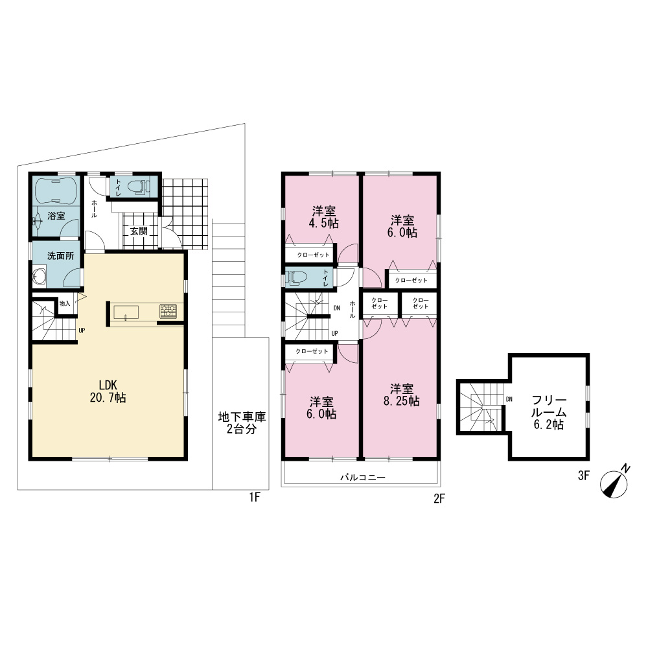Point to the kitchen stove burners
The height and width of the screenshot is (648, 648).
(168, 311)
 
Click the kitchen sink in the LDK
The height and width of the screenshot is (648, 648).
(126, 312)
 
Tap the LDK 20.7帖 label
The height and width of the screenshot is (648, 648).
(108, 391)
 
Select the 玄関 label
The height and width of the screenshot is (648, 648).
(139, 231)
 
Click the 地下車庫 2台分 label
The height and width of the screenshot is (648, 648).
(242, 422)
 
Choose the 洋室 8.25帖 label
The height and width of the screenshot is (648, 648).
(401, 395)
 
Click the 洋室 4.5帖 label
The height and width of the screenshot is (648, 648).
(324, 217)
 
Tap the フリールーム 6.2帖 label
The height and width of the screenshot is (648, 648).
(549, 412)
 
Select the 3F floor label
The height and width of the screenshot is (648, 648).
(583, 476)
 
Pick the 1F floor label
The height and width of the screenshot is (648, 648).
(255, 497)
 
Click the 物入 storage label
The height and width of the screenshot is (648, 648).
(65, 303)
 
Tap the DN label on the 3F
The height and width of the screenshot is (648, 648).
(509, 399)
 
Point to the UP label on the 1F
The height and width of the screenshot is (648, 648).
(82, 330)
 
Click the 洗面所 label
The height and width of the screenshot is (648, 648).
(61, 256)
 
